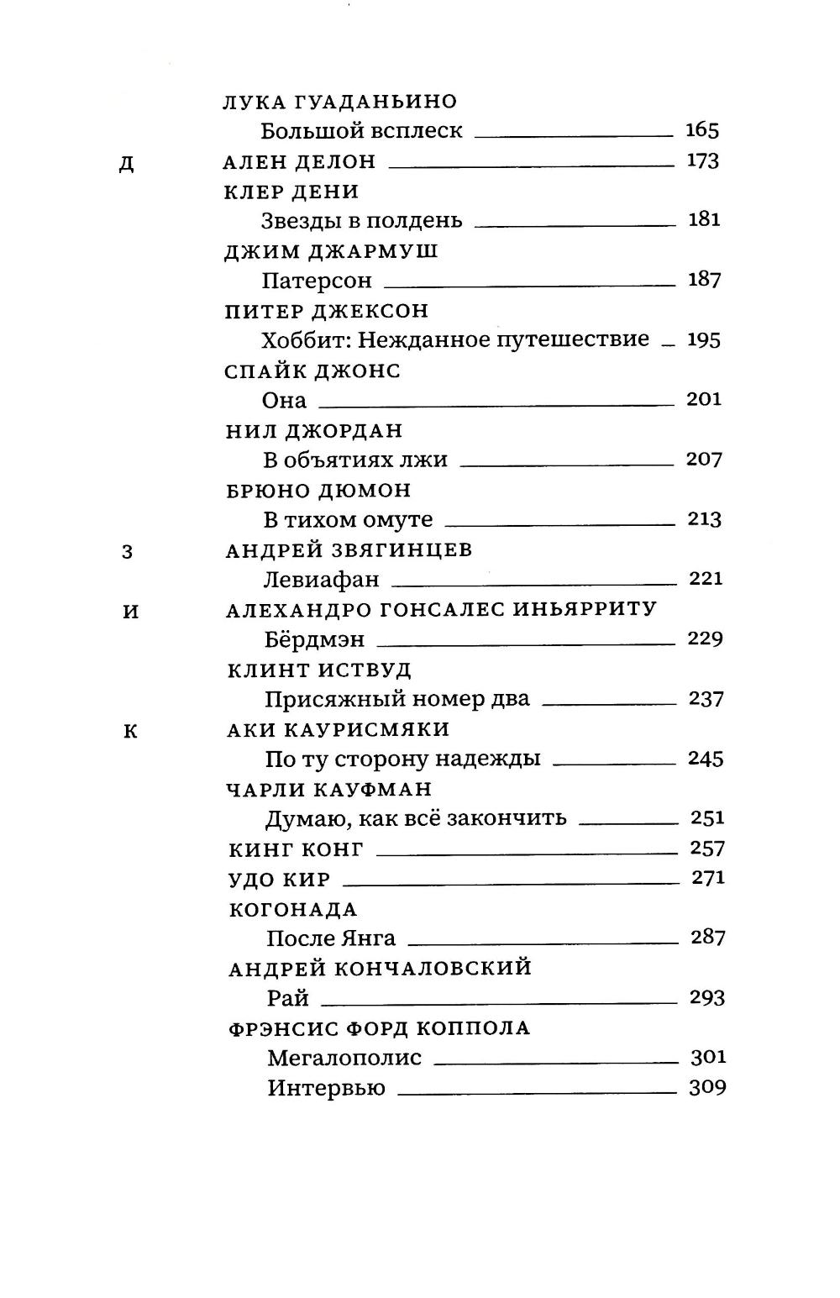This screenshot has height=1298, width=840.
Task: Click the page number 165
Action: (702, 130)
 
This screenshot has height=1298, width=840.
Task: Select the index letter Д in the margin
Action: (126, 163)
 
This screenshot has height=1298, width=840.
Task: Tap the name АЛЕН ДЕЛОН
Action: (300, 161)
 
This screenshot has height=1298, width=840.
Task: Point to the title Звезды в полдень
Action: (361, 220)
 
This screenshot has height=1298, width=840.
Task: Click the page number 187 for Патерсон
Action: (704, 279)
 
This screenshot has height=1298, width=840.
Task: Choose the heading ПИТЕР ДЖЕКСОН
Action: (327, 311)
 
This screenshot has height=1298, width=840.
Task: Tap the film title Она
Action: (285, 400)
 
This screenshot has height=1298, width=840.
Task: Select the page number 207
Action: (704, 459)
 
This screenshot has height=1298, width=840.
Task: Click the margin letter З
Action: (128, 552)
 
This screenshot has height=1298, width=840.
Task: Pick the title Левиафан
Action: (322, 579)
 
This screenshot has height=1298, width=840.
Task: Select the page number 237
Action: (706, 699)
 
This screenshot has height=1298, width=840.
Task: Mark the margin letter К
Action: (129, 731)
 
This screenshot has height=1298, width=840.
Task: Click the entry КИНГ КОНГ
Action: (296, 849)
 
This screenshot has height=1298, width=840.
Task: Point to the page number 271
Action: (707, 878)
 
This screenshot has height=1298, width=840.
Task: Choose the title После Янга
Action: (331, 938)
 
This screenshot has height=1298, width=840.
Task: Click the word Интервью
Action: (327, 1088)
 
